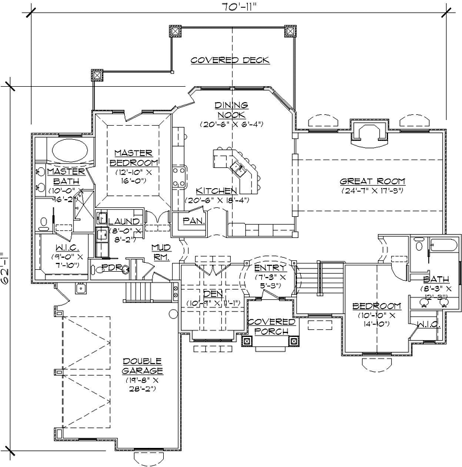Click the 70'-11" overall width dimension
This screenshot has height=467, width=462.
(x=231, y=8)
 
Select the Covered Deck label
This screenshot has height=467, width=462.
(x=231, y=60)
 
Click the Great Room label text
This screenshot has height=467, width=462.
(x=373, y=181)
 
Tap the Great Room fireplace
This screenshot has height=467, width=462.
(x=369, y=132)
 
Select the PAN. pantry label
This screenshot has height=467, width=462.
(x=192, y=220)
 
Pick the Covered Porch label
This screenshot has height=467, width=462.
(x=271, y=327)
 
